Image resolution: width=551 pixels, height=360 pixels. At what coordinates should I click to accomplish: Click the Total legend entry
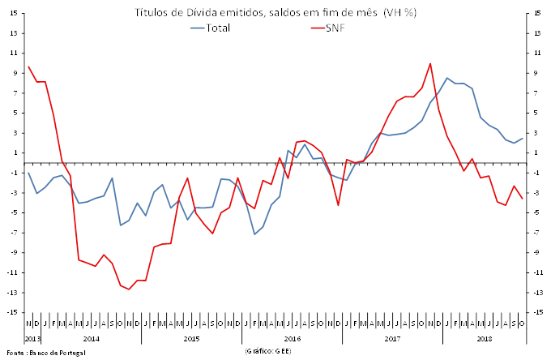pyautogui.click(x=213, y=28)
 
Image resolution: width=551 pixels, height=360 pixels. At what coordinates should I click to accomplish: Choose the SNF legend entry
pyautogui.click(x=332, y=28)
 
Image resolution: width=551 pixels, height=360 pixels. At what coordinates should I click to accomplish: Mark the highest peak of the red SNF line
pyautogui.click(x=430, y=63)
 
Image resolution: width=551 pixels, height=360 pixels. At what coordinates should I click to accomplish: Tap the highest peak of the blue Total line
pyautogui.click(x=446, y=78)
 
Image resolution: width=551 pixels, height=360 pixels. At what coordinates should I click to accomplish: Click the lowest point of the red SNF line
pyautogui.click(x=129, y=289)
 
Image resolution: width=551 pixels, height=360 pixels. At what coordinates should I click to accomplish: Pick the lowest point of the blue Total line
pyautogui.click(x=254, y=234)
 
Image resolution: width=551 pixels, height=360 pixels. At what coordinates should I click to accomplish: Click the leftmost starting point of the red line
pyautogui.click(x=28, y=66)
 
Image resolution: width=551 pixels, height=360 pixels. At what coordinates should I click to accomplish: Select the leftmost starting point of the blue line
pyautogui.click(x=28, y=173)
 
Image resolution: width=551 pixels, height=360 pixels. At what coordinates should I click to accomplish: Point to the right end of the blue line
pyautogui.click(x=523, y=139)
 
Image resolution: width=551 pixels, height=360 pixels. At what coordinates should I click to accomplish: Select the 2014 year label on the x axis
pyautogui.click(x=91, y=339)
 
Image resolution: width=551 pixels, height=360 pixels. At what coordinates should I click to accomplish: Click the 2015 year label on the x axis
pyautogui.click(x=191, y=339)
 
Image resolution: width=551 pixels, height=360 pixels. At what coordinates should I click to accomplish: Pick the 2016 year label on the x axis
pyautogui.click(x=292, y=339)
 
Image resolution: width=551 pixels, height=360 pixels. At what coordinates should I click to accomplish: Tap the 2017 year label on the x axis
pyautogui.click(x=393, y=339)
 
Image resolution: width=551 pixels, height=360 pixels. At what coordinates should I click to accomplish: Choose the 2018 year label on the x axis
pyautogui.click(x=485, y=339)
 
